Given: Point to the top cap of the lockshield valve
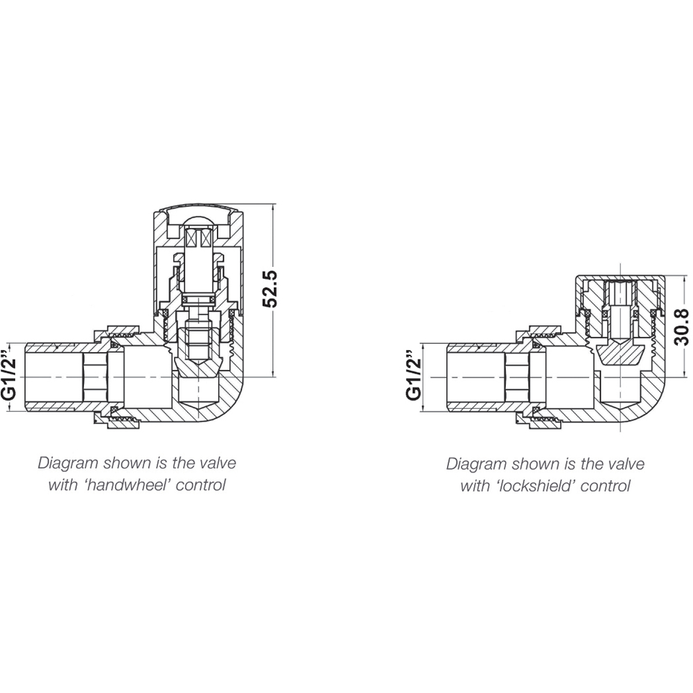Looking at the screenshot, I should click(x=620, y=279).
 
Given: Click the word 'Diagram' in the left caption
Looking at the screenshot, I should click(x=64, y=462).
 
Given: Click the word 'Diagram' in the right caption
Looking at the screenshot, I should click(x=473, y=463).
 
